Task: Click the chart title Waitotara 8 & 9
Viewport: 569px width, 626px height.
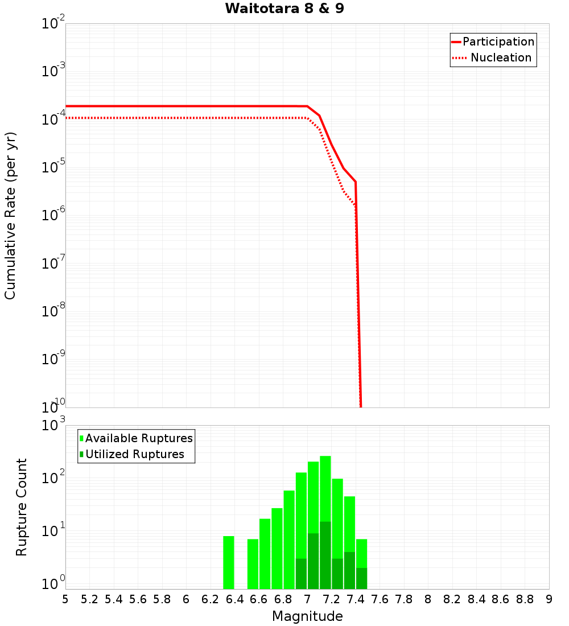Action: tap(284, 9)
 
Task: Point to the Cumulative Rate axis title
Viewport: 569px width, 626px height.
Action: tap(10, 215)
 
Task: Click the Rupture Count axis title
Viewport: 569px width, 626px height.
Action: tap(22, 507)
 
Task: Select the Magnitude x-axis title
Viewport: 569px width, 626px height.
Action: tap(307, 616)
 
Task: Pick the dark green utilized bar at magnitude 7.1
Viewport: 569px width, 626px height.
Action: tap(325, 555)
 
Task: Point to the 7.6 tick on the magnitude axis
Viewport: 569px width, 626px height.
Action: tap(380, 599)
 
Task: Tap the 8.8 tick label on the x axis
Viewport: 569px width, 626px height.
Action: tap(525, 599)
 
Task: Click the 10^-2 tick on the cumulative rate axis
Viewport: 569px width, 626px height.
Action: tap(53, 24)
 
